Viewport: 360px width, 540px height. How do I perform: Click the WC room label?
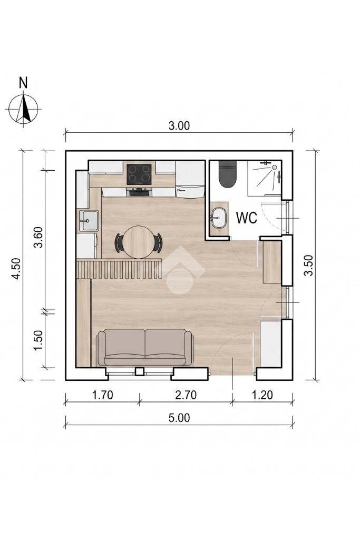[246, 218]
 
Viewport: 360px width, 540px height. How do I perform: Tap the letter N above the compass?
[23, 83]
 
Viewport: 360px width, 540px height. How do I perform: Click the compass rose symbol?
[23, 109]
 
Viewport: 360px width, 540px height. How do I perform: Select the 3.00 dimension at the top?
[179, 126]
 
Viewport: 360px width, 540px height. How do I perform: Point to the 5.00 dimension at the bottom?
[179, 418]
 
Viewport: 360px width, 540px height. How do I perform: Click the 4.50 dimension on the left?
[16, 269]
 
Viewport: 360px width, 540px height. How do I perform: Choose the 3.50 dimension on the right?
[309, 265]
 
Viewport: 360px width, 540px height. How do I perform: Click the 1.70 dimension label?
[102, 395]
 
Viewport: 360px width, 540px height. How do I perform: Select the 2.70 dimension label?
[186, 395]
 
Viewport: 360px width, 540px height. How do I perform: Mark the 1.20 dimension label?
[262, 395]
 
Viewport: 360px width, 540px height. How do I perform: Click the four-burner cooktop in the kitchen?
[139, 174]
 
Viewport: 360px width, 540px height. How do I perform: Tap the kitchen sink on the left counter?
[89, 221]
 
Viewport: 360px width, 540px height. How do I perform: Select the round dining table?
[139, 242]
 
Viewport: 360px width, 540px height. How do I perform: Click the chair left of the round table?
[119, 242]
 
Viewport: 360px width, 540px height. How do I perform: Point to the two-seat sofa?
[145, 348]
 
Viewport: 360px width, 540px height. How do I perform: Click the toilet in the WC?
[227, 174]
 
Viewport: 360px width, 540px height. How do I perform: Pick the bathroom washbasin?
[218, 218]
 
